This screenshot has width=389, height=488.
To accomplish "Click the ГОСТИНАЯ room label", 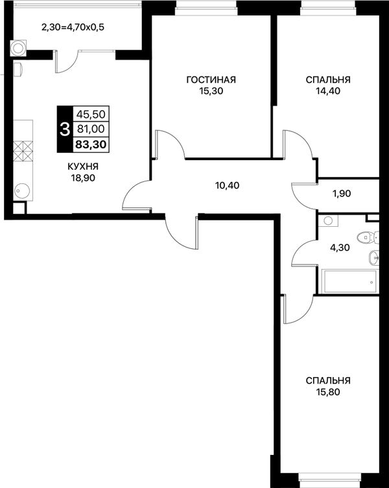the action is pyautogui.click(x=211, y=80).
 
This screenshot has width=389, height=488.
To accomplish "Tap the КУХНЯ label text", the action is pyautogui.click(x=83, y=167).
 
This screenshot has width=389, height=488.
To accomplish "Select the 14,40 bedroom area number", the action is pyautogui.click(x=327, y=91).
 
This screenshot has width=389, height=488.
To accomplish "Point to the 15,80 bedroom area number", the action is pyautogui.click(x=327, y=392).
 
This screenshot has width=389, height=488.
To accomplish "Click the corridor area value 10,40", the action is pyautogui.click(x=227, y=185).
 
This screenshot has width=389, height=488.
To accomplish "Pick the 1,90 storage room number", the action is pyautogui.click(x=341, y=194).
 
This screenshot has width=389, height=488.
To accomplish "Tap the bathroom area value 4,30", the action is pyautogui.click(x=340, y=248).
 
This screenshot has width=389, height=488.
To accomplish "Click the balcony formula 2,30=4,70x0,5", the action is pyautogui.click(x=73, y=27).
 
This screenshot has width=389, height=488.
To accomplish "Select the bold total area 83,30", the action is pyautogui.click(x=91, y=145).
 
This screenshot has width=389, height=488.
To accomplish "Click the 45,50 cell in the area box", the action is pyautogui.click(x=91, y=115).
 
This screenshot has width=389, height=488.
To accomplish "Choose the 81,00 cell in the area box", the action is pyautogui.click(x=91, y=129).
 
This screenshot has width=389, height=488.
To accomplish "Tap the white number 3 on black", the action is pyautogui.click(x=65, y=130).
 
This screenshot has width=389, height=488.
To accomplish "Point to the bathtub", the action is pyautogui.click(x=349, y=281).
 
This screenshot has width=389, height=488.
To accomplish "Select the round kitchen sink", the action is pyautogui.click(x=23, y=189).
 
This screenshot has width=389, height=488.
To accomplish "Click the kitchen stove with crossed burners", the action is pyautogui.click(x=23, y=150).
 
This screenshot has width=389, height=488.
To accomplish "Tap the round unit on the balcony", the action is pyautogui.click(x=18, y=48).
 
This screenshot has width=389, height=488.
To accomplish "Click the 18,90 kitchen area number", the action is pyautogui.click(x=83, y=178).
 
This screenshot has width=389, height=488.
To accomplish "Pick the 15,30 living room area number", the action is pyautogui.click(x=211, y=91).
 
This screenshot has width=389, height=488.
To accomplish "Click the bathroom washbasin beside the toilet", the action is pyautogui.click(x=373, y=257).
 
